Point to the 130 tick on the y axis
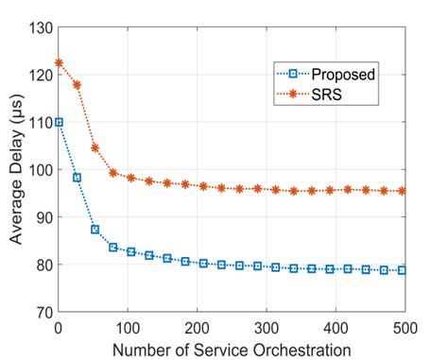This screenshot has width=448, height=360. pyautogui.click(x=42, y=26)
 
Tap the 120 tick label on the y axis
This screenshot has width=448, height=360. pyautogui.click(x=42, y=75)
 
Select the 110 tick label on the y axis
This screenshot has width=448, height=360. pyautogui.click(x=42, y=122)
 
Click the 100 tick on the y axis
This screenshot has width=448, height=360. pyautogui.click(x=42, y=170)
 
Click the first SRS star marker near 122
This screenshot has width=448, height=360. pyautogui.click(x=59, y=63)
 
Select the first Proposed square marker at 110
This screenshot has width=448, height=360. pyautogui.click(x=59, y=122)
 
